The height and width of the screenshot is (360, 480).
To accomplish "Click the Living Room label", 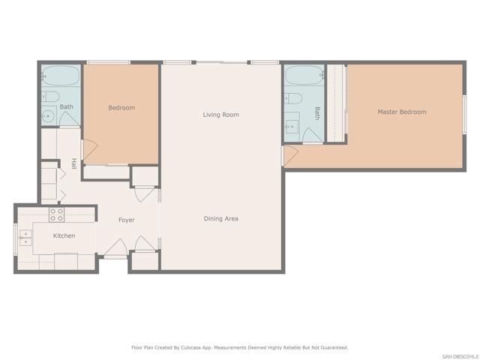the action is pos(220,115).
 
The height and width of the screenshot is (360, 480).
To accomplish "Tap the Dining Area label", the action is pos(220,218).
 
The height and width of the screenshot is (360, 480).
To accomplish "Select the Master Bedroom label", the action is pos(402,112).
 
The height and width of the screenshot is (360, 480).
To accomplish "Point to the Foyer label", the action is pos(127,220).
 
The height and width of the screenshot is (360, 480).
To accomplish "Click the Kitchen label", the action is pos(64,235).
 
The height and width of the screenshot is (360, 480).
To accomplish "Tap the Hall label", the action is pos(73,163).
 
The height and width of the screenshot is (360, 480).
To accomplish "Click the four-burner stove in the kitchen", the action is pos(57,214).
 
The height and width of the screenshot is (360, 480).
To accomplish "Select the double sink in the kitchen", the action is pos(25,238).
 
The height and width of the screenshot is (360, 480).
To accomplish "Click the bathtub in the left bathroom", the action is pos(61,75).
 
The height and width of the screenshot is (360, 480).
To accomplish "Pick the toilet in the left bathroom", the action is pos(50,97).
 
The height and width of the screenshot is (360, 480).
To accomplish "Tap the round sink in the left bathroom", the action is pos(48,116).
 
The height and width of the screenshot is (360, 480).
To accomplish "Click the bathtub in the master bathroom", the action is pos(304,75).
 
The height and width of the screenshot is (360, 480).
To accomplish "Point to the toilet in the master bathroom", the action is pos(293,98).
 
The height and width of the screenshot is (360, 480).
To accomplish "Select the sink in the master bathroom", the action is pos(291,126).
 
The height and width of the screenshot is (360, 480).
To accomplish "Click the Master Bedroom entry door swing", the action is pos(290,156).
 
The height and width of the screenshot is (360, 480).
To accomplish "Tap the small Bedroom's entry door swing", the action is pos(90,151).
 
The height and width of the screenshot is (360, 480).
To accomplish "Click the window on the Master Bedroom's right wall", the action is pos(464,114).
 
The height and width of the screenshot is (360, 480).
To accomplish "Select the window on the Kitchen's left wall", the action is pos(16,239).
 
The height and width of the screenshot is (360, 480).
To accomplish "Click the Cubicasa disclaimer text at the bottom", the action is pos(240,347).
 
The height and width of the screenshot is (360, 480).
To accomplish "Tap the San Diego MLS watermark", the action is pos(460,357).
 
